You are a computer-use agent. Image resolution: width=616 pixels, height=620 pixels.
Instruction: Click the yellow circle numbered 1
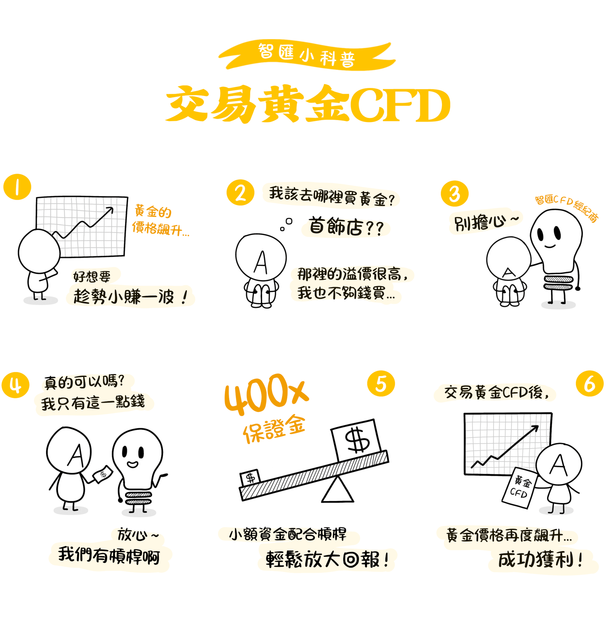17,187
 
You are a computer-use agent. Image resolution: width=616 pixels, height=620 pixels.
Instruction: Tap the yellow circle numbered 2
240,193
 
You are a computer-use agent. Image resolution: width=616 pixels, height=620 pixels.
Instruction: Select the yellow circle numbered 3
454,193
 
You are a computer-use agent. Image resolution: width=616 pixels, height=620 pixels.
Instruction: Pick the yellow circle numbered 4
15,385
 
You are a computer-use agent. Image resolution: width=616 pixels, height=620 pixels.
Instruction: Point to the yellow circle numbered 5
381,383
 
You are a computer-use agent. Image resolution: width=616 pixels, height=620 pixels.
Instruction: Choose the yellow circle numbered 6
589,383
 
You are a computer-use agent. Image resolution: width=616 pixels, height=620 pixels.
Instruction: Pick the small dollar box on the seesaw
250,478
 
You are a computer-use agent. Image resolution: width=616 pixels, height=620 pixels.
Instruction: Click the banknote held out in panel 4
103,474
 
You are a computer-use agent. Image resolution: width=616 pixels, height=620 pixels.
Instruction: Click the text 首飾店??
346,227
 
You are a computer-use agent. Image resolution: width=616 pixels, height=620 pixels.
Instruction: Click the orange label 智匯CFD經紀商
566,208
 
